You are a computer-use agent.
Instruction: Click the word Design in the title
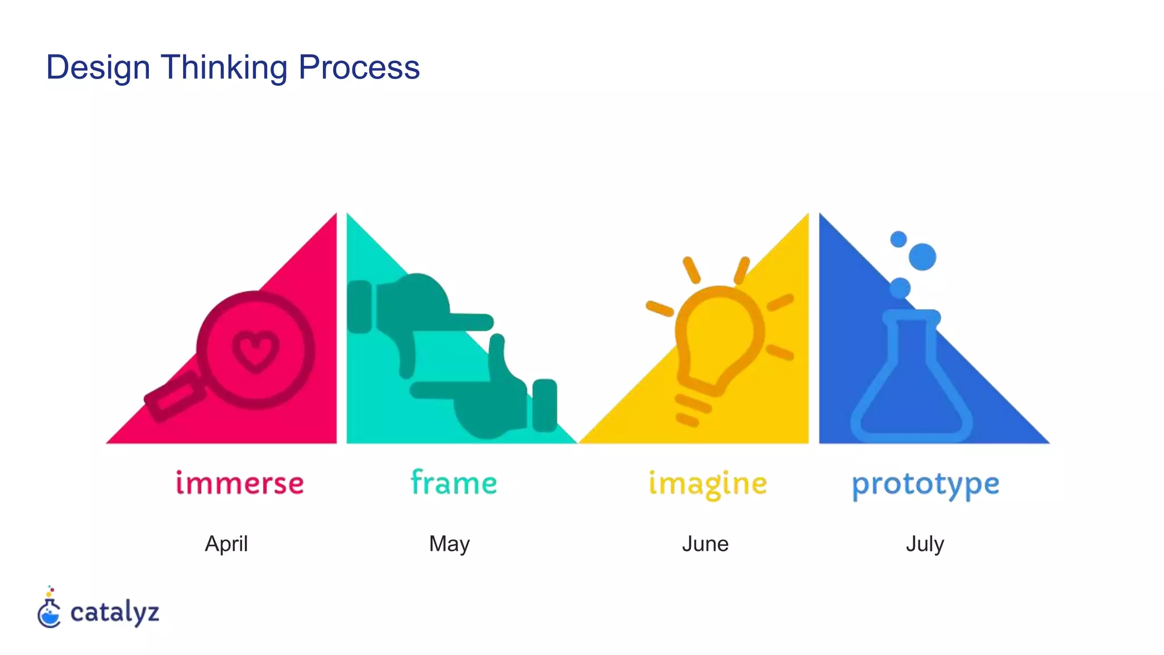point(98,68)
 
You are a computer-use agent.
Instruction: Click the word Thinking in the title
point(224,68)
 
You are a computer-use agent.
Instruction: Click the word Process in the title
point(359,68)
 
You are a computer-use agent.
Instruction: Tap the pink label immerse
point(239,484)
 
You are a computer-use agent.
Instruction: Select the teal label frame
point(454,483)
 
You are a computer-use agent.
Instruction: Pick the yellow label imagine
point(708,484)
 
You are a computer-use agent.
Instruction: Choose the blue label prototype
point(925,485)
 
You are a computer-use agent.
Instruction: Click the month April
point(226,544)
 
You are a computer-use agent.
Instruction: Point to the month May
point(449,544)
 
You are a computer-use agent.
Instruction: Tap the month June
point(705,544)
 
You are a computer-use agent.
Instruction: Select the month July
point(925,544)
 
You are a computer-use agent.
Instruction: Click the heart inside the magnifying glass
point(256,350)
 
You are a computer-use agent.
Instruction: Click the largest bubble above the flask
point(922,256)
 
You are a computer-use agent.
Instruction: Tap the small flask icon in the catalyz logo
point(49,612)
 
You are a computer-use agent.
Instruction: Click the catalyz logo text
point(114,613)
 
